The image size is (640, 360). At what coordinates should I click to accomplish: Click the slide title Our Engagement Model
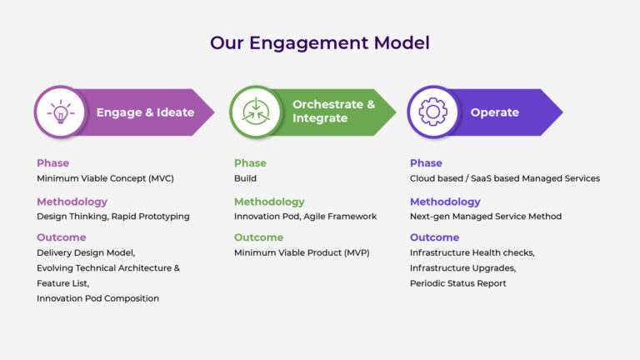pyautogui.click(x=319, y=42)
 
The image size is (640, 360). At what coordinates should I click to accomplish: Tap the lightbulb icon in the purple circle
pyautogui.click(x=60, y=112)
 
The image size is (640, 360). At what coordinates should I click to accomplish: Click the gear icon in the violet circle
pyautogui.click(x=432, y=112)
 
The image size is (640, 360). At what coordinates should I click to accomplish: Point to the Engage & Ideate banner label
pyautogui.click(x=145, y=112)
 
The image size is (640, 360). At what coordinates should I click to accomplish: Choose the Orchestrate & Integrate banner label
pyautogui.click(x=333, y=112)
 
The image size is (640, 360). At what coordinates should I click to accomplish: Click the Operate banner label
pyautogui.click(x=494, y=112)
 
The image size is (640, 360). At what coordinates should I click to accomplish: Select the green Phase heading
pyautogui.click(x=251, y=163)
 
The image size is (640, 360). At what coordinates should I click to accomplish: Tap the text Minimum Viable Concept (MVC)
pyautogui.click(x=105, y=178)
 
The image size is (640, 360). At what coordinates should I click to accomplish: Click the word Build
pyautogui.click(x=245, y=178)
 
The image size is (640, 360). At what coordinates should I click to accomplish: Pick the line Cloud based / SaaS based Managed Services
pyautogui.click(x=504, y=178)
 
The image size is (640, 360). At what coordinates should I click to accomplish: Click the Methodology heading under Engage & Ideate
pyautogui.click(x=72, y=202)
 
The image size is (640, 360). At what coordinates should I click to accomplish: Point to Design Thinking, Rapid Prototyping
pyautogui.click(x=112, y=217)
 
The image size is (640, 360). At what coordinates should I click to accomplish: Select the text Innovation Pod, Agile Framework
pyautogui.click(x=305, y=217)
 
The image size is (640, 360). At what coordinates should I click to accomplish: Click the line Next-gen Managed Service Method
pyautogui.click(x=485, y=217)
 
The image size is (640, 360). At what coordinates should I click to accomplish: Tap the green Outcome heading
pyautogui.click(x=258, y=237)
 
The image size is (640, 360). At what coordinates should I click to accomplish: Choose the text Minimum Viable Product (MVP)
pyautogui.click(x=301, y=252)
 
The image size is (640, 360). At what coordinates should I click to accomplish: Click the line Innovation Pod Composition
pyautogui.click(x=97, y=298)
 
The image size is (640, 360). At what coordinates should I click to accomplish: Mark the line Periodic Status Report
pyautogui.click(x=457, y=283)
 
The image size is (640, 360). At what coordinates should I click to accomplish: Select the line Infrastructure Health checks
pyautogui.click(x=472, y=252)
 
